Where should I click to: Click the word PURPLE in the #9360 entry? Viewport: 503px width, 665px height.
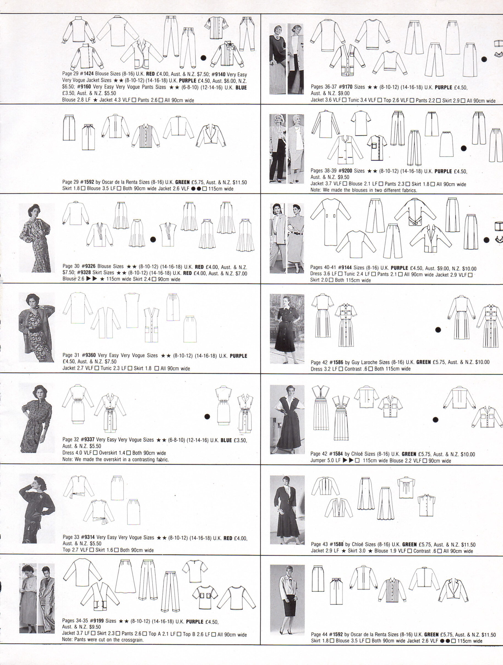point(238,356)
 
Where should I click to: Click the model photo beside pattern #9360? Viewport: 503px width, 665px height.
point(37,327)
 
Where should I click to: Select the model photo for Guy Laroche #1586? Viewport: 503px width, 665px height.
point(287,329)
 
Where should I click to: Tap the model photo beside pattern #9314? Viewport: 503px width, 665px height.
point(37,508)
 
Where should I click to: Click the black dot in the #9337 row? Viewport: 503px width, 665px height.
point(207,416)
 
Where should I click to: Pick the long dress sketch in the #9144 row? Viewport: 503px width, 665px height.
point(330,222)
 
